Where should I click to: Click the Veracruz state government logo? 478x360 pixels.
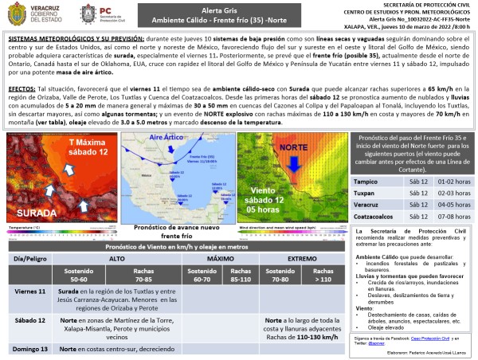pos(32,14)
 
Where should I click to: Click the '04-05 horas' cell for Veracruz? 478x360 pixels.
pos(449,202)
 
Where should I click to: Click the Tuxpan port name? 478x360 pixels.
pos(365,192)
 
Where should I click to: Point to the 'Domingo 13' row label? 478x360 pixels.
pos(29,349)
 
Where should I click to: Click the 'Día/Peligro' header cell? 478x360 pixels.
pos(29,260)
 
